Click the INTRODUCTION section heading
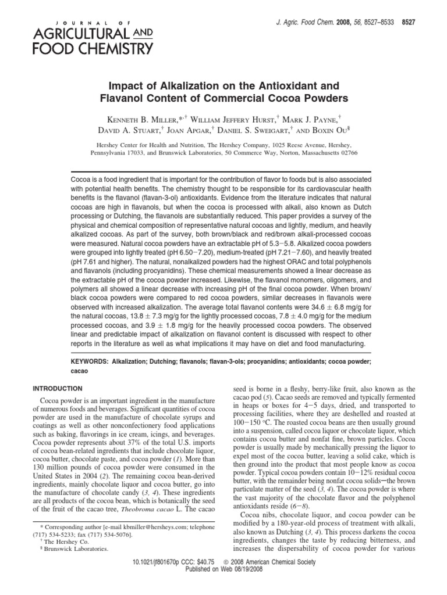click(58, 388)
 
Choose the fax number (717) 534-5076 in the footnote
click(113, 533)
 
